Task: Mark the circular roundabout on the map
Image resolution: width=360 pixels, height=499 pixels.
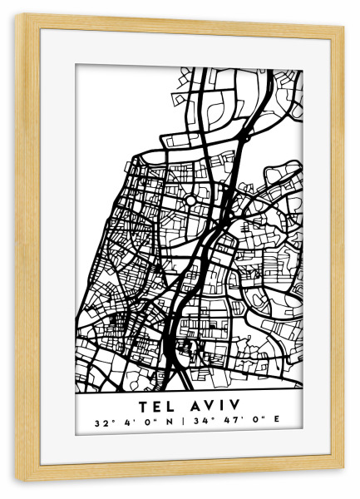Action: tap(190, 200)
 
